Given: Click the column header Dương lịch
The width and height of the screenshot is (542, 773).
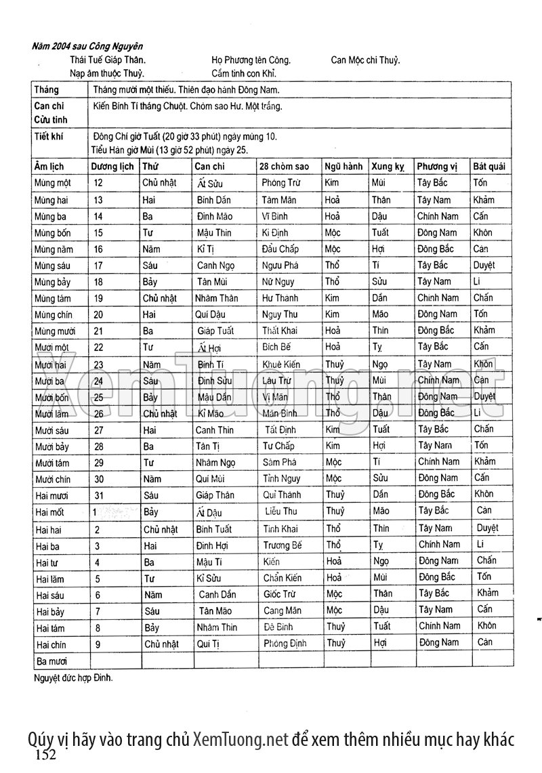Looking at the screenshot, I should [x=112, y=166].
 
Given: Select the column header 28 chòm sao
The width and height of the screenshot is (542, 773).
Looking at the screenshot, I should [x=285, y=166].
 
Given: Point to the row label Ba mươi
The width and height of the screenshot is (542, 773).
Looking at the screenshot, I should [x=52, y=660].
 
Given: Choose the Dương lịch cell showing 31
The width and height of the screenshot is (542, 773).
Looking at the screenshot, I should [x=99, y=495].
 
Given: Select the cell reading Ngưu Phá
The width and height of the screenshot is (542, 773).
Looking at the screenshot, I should [x=280, y=265].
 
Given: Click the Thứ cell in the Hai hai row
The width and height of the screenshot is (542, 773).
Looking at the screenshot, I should [x=160, y=528].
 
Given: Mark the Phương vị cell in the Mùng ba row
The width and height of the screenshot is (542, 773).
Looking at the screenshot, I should [x=438, y=216].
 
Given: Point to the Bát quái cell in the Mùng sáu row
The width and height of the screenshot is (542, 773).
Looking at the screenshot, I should [x=484, y=265].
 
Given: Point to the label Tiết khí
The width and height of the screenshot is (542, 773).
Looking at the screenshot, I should [x=48, y=136].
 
